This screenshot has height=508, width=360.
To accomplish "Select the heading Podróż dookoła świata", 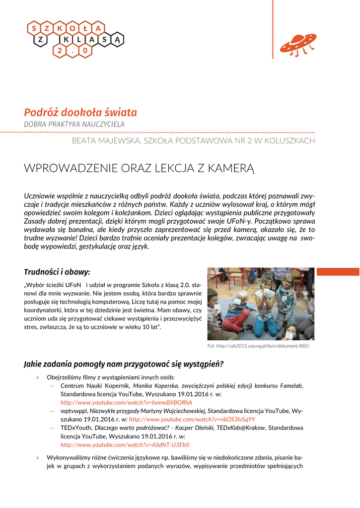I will (80, 113).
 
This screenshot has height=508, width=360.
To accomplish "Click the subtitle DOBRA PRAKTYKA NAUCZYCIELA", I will (74, 124).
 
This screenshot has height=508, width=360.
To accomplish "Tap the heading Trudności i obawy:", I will (57, 272).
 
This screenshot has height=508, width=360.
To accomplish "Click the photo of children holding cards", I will (260, 304).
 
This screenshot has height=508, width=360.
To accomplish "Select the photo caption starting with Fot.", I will (258, 346).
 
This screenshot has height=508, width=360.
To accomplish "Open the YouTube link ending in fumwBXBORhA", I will (126, 402).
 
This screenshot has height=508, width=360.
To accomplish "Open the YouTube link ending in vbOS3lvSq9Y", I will (192, 419).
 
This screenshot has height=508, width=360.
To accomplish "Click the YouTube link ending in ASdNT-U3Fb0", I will (125, 445).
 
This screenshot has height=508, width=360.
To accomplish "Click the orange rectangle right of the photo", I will (338, 271).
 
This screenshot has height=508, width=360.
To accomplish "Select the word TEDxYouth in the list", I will (76, 428).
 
